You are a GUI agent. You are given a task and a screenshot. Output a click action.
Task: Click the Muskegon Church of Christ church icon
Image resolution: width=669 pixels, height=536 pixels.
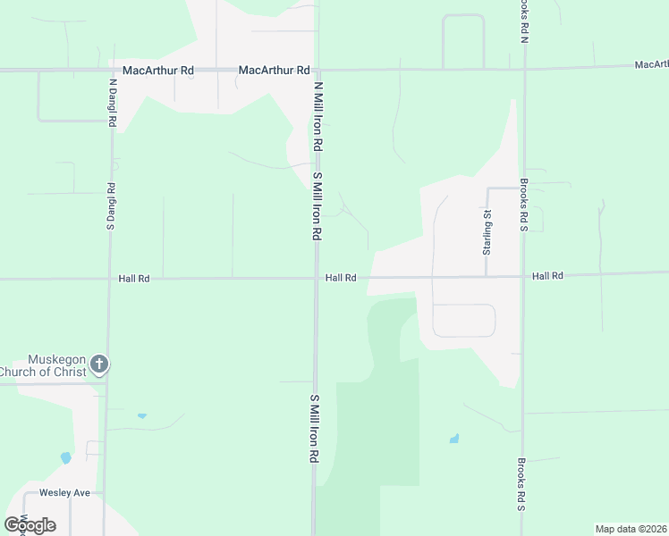point(99,364)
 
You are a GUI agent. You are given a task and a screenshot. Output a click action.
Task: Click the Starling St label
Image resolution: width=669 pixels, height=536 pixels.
point(487,232)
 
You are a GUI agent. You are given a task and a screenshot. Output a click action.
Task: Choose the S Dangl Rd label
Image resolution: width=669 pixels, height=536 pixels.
point(112,208)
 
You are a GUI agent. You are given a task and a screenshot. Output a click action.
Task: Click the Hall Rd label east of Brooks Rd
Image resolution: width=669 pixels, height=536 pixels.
point(547,276)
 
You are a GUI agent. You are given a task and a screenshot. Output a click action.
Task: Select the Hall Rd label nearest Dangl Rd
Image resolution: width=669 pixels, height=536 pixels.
point(133,279)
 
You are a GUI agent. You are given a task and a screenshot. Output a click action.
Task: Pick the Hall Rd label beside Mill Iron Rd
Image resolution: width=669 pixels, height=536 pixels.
point(341,278)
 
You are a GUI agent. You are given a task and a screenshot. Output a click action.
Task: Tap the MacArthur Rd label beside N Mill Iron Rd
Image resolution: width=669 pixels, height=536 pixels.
point(274,70)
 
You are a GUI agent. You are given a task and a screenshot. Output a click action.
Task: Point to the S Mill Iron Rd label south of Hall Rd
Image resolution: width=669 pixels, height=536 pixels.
point(314,428)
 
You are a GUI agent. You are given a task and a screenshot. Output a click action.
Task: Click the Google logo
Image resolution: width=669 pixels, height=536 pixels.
point(30,524)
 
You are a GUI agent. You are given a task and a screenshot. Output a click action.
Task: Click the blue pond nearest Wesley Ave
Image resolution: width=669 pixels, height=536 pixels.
point(65,458)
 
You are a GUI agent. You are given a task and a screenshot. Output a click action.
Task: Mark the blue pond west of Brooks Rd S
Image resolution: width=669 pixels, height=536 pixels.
point(454,439)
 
